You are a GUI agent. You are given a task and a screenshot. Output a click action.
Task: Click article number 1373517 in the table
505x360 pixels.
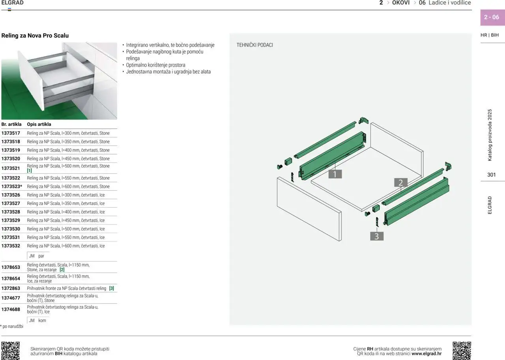(11, 133)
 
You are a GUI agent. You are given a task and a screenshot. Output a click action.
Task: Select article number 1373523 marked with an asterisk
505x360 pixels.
(12, 187)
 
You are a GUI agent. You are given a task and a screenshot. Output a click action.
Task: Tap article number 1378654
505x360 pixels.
(11, 278)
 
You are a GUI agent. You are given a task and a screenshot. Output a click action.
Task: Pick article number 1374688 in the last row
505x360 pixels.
(11, 309)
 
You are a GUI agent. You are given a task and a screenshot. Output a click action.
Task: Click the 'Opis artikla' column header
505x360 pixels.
(39, 124)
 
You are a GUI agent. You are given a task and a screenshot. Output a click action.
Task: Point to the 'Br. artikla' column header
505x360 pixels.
(11, 124)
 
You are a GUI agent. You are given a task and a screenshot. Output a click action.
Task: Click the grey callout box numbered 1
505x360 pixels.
(335, 174)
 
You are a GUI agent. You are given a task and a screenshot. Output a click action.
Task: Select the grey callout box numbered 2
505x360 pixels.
(400, 183)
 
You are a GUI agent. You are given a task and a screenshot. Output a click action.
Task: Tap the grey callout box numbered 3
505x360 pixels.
(377, 236)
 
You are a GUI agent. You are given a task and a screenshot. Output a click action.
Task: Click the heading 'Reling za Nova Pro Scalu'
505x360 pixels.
(35, 35)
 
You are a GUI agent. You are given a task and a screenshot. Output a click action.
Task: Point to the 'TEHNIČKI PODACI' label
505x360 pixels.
(254, 45)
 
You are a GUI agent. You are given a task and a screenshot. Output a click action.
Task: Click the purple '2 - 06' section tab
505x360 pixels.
(493, 17)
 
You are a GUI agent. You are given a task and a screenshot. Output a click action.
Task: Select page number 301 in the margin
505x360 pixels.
(492, 175)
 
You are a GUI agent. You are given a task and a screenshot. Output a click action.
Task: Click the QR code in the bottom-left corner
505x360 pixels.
(10, 351)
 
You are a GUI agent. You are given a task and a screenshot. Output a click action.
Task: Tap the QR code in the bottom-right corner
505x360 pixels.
(462, 351)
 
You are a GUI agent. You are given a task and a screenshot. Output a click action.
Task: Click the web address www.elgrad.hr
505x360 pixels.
(426, 354)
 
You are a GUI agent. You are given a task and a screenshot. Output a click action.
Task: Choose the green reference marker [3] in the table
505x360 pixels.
(111, 288)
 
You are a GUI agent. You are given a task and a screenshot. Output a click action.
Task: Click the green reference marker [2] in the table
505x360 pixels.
(62, 270)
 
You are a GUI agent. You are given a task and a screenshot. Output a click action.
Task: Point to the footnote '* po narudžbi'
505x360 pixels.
(12, 326)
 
